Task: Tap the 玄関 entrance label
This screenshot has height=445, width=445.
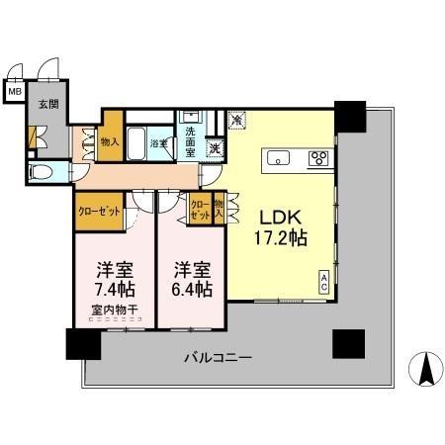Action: [x=47, y=103]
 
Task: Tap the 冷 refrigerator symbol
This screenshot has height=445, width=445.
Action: [x=237, y=120]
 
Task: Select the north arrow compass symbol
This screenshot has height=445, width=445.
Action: [x=425, y=369]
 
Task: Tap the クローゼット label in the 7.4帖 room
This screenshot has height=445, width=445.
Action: [x=99, y=210]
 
